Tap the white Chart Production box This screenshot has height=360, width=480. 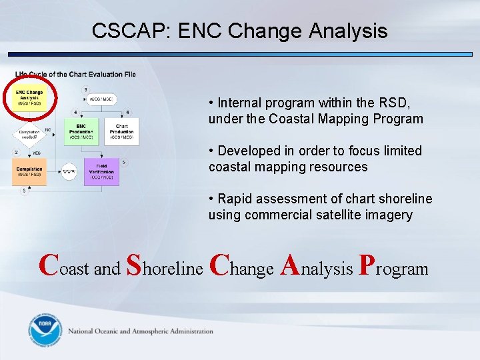121,132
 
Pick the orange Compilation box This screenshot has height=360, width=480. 29,172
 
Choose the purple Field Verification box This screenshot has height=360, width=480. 102,172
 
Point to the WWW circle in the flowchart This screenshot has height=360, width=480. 69,172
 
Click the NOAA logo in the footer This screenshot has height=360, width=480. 45,331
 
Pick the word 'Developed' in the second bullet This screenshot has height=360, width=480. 247,151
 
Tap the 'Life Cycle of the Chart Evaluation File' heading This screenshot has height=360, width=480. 75,74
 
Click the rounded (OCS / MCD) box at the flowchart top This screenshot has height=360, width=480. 101,99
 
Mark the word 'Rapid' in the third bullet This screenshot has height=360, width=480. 235,199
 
